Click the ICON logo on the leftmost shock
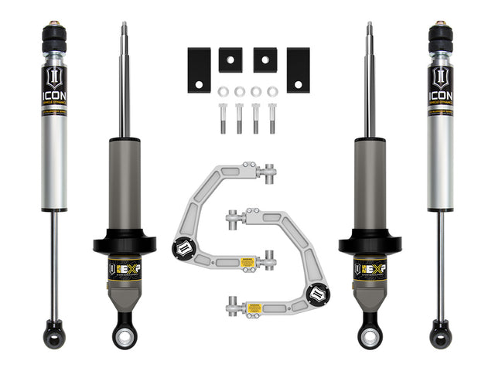pyautogui.click(x=54, y=87)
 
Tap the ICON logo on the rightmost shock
pyautogui.click(x=440, y=87)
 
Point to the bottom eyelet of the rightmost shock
pyautogui.click(x=440, y=337)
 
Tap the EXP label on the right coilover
pyautogui.click(x=370, y=270)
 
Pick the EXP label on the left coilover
pyautogui.click(x=125, y=270)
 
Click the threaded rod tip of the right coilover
pyautogui.click(x=370, y=29)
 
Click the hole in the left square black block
pyautogui.click(x=230, y=65)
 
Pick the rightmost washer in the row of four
pyautogui.click(x=272, y=92)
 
